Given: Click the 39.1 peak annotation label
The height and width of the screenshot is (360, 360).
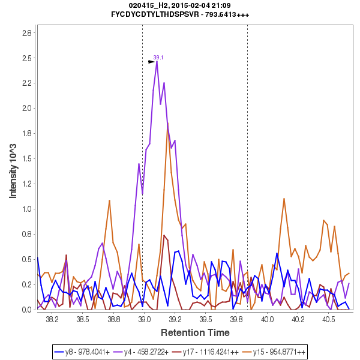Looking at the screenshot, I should (158, 58).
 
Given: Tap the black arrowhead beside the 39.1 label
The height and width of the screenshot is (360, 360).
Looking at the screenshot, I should (152, 61).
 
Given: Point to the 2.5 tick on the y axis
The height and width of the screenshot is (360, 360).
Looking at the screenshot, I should (27, 58).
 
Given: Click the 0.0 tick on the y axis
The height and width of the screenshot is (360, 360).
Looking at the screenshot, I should (27, 310).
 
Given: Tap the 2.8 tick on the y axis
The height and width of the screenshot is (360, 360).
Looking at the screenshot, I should (27, 33).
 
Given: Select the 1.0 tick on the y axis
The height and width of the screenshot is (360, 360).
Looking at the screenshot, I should (27, 209).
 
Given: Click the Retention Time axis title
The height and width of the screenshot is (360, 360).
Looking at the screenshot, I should (194, 332).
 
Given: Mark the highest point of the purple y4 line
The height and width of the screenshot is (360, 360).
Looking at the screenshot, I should (157, 61).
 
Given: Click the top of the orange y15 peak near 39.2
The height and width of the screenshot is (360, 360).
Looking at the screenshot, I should (167, 124).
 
